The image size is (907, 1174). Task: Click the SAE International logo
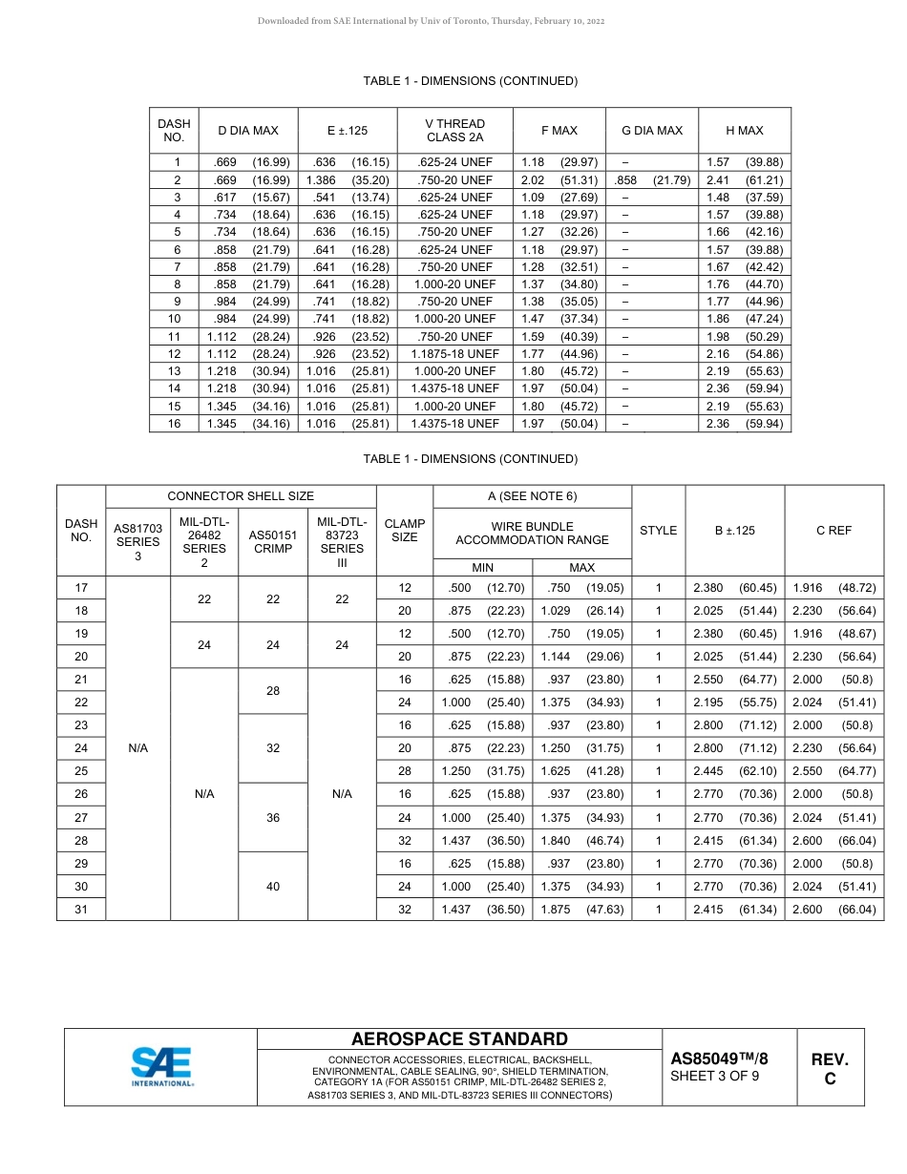[x=161, y=1066]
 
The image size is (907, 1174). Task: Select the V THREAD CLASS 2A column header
[x=454, y=131]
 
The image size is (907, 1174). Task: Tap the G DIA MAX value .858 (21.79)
[x=652, y=179]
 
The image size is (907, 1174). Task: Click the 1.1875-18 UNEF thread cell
[x=454, y=353]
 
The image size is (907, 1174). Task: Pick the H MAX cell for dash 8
[x=744, y=283]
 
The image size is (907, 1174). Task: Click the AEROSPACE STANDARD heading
[x=459, y=1039]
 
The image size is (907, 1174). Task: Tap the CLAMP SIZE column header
[x=405, y=530]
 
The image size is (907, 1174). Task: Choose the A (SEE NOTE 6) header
[x=532, y=495]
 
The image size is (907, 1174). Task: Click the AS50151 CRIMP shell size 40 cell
[x=273, y=886]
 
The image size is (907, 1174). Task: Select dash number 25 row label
[x=81, y=771]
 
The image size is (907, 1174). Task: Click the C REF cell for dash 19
[x=833, y=634]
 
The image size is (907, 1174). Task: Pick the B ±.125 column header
[x=734, y=530]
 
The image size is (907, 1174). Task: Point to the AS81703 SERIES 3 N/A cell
[x=137, y=748]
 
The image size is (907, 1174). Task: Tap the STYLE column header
[x=658, y=530]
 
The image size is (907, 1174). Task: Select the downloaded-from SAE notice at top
[x=431, y=20]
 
